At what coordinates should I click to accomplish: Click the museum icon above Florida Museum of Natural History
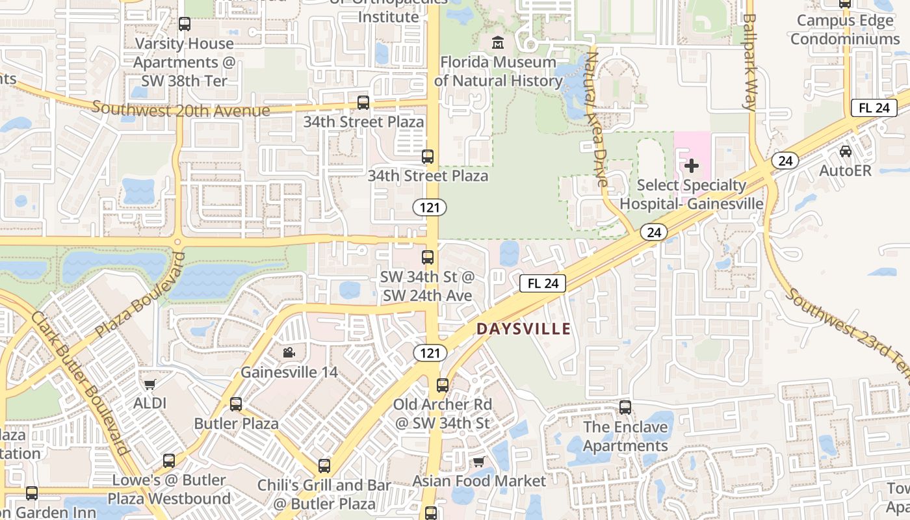click(498, 43)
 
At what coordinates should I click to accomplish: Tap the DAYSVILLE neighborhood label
click(523, 329)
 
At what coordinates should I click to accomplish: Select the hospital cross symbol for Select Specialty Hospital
click(692, 166)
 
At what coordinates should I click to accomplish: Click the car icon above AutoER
click(845, 151)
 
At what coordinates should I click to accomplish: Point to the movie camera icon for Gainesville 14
click(289, 352)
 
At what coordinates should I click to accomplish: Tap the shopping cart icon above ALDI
click(150, 383)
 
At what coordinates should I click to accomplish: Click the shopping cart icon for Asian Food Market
click(479, 461)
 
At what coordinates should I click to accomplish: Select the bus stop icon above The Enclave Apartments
click(625, 408)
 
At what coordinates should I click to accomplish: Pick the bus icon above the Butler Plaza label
click(236, 404)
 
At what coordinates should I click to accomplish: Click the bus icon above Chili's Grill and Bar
click(324, 465)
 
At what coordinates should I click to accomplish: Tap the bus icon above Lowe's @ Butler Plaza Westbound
click(169, 461)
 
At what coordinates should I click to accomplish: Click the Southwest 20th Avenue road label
click(180, 109)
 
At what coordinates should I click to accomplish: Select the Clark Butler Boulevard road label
click(79, 382)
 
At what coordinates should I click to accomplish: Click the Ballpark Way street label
click(749, 62)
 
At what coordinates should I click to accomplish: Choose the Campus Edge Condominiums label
click(845, 30)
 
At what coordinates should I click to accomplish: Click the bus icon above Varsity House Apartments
click(185, 24)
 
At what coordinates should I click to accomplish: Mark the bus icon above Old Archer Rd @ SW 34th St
click(443, 385)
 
